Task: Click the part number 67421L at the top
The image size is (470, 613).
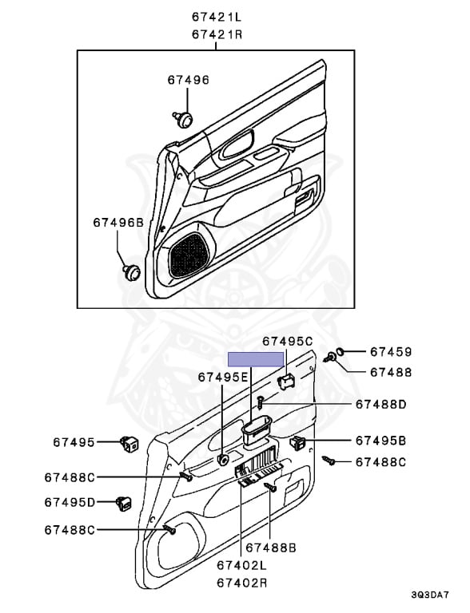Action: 217,16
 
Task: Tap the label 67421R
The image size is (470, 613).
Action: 217,34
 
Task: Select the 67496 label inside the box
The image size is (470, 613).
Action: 188,80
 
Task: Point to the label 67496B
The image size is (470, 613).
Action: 117,223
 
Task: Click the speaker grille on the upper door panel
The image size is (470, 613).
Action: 189,253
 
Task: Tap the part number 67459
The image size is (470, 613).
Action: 391,351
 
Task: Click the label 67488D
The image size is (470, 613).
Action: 381,405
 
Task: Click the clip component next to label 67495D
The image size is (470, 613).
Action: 124,502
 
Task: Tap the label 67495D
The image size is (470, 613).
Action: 70,502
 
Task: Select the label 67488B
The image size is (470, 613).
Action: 271,547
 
